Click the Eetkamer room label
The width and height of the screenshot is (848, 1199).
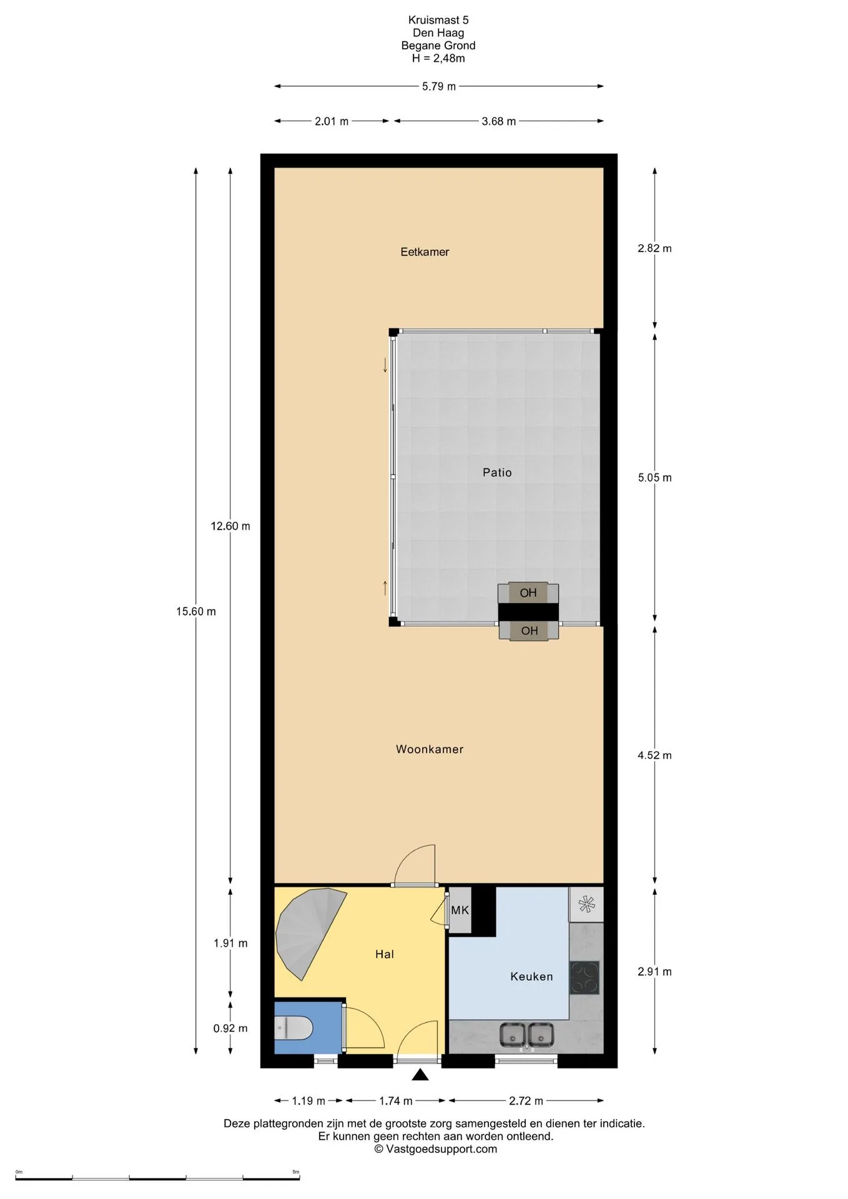coord(425,252)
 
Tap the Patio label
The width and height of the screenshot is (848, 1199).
coord(497,473)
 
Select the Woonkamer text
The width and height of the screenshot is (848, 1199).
coord(430,749)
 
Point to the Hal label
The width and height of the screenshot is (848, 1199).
coord(385,954)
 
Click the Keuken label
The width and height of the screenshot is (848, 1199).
coord(531,977)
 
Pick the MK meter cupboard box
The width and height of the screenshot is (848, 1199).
coord(460,910)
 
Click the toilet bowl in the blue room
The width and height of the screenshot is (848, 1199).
coord(293,1027)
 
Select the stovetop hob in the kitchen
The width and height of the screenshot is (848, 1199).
coord(584,977)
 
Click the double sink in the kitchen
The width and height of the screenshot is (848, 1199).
coord(526,1036)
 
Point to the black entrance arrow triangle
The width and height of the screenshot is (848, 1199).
coord(420,1075)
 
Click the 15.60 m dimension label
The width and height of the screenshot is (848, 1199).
coord(196,611)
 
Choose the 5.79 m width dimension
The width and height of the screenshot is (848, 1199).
coord(439,86)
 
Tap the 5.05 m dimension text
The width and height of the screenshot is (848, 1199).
coord(654,478)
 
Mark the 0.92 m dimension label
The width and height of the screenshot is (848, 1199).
coord(230,1029)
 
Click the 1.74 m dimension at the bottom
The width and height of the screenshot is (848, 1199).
coord(396,1101)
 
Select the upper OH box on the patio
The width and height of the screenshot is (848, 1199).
coord(528,593)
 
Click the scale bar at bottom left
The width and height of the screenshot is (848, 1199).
coord(157,1179)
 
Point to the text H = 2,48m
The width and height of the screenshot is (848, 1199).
coord(438,59)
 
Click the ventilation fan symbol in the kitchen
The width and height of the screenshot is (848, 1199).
coord(586,904)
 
